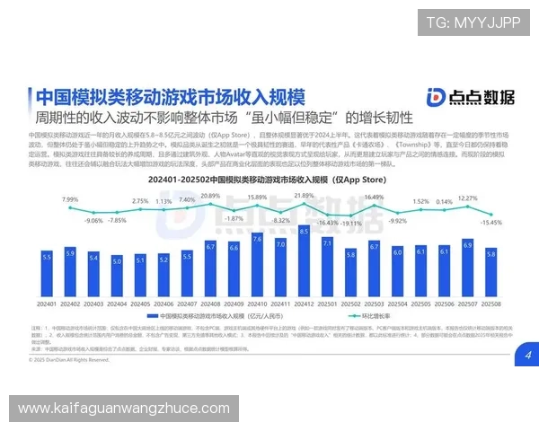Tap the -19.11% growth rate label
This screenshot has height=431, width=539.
[351, 224]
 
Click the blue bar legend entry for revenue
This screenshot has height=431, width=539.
[207, 317]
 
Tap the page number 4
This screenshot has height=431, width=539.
[528, 356]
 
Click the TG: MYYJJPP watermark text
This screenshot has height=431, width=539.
[473, 24]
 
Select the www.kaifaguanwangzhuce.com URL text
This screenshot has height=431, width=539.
[124, 409]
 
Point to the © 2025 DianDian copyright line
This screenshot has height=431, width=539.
[72, 359]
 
